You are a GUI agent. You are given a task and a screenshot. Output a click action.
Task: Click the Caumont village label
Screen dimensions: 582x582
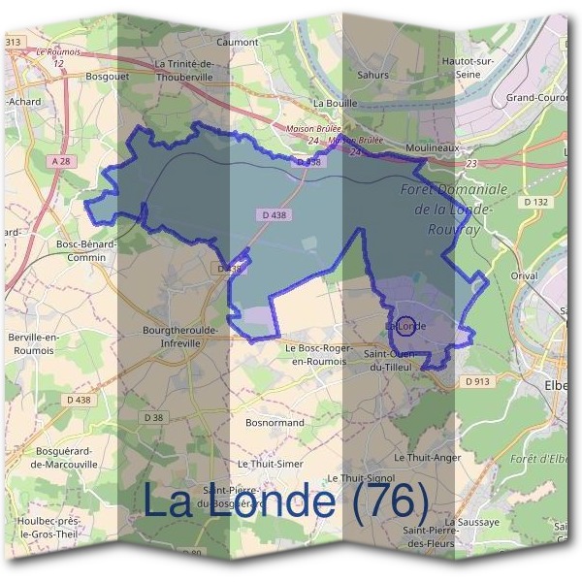(238, 43)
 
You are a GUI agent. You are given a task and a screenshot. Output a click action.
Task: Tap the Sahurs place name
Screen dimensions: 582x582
(372, 75)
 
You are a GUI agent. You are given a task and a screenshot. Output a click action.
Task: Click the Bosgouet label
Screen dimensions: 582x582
(109, 74)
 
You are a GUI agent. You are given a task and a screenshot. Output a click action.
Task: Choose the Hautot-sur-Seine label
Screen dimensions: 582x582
(495, 67)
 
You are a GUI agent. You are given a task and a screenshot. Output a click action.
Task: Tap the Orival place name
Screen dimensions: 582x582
(524, 275)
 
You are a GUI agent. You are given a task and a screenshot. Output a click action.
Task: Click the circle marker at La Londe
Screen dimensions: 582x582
(406, 327)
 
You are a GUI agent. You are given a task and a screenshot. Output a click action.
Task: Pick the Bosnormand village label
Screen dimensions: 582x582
(275, 423)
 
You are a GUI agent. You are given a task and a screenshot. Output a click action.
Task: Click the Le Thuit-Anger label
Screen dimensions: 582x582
(427, 457)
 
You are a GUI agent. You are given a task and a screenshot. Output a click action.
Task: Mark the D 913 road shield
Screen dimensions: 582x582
(476, 382)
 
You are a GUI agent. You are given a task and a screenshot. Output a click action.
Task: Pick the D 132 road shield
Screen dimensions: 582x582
(534, 202)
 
